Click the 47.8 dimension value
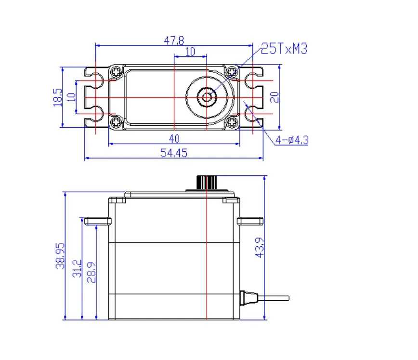click(174, 40)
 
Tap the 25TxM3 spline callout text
click(284, 49)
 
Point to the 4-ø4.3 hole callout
click(292, 140)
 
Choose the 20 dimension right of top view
click(274, 97)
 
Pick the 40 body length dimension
click(174, 139)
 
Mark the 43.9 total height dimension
click(260, 247)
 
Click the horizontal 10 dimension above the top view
click(190, 52)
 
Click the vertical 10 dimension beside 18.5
click(72, 97)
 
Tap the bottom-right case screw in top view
click(232, 123)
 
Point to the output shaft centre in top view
click(207, 97)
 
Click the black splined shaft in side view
click(206, 183)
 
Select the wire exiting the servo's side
click(274, 297)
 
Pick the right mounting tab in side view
click(250, 221)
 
